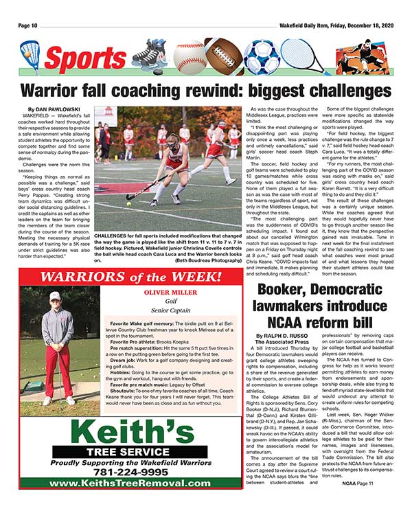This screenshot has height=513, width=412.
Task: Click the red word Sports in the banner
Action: (85, 61)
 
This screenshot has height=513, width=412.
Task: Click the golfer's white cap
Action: (55, 296)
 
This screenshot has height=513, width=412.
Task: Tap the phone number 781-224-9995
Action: (130, 473)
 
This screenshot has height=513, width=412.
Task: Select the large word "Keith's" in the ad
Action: (130, 432)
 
